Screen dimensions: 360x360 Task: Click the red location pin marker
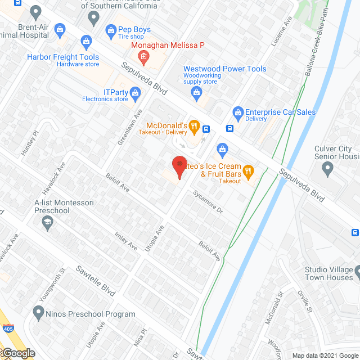[x=179, y=165]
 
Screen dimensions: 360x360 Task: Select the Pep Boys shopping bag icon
[x=110, y=29]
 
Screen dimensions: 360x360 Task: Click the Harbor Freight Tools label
[x=63, y=57]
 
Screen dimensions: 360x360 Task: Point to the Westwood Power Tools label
[x=224, y=69]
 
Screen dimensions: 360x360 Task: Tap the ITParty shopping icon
[x=134, y=93]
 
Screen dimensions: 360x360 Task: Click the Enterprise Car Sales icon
[x=238, y=112]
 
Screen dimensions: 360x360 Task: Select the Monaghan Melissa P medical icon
[x=144, y=56]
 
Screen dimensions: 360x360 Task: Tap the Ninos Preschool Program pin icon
[x=38, y=311]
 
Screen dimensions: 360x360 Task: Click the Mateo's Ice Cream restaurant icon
[x=247, y=170]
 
